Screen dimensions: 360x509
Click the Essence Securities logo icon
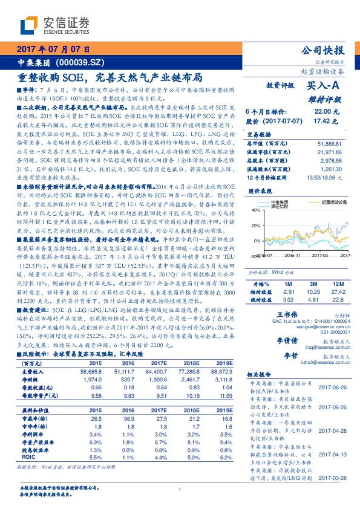coord(29,24)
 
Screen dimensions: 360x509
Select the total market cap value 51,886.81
coord(339,142)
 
